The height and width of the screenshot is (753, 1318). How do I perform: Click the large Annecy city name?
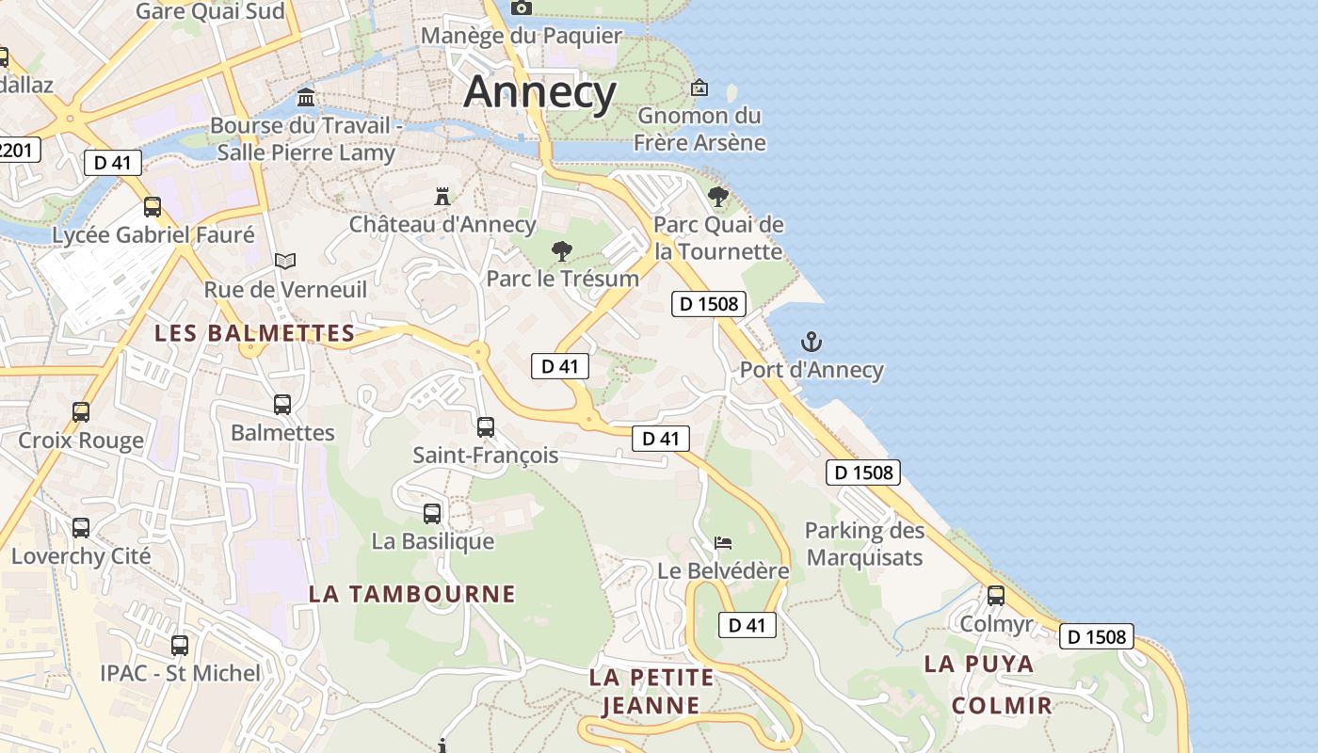[x=540, y=92]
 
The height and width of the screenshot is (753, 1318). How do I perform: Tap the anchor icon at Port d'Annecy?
[x=811, y=342]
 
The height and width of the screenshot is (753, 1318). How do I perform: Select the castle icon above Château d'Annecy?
[x=442, y=196]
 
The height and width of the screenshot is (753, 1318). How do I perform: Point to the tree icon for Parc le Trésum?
[x=562, y=251]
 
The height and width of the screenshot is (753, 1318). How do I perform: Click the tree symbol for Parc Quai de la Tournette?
[x=718, y=197]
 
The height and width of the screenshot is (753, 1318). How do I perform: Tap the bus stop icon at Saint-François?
[x=486, y=427]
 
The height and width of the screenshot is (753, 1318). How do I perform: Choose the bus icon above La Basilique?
[x=432, y=514]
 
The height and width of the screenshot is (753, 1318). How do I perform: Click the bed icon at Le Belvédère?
[x=723, y=543]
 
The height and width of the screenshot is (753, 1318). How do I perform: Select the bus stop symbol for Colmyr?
[x=996, y=596]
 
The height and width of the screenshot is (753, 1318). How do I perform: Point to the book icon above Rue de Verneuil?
[x=285, y=261]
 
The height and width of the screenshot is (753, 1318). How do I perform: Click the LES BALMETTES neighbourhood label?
[x=255, y=333]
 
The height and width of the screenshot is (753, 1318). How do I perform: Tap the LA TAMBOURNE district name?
[x=412, y=594]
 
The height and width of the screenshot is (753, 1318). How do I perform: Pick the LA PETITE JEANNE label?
[x=651, y=691]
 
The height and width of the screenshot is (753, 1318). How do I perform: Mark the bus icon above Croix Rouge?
[x=81, y=412]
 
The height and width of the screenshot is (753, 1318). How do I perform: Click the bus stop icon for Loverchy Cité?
[x=81, y=528]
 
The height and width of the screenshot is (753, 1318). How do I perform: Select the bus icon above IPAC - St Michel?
[x=180, y=646]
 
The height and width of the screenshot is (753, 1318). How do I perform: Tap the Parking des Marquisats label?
[x=864, y=544]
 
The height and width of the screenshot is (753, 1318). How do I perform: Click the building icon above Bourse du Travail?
[x=306, y=98]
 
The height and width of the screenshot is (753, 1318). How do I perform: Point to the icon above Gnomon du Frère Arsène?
[x=699, y=88]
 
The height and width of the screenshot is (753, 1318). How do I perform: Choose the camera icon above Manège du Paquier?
[x=521, y=8]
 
